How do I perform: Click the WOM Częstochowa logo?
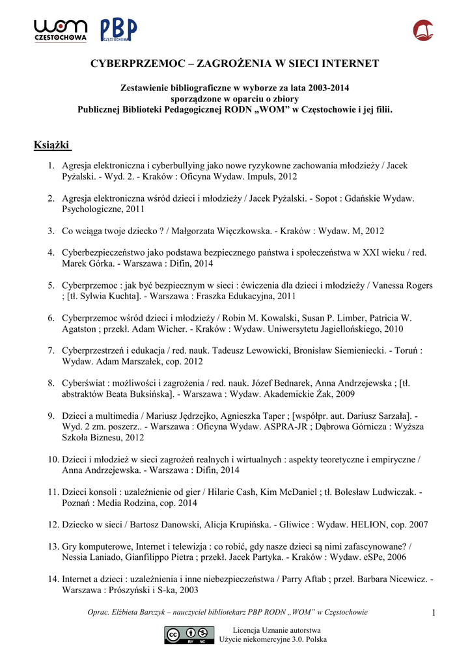click(61, 30)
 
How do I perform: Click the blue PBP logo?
click(118, 30)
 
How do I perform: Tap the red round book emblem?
click(423, 30)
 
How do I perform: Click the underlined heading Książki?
click(51, 144)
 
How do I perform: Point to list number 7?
click(51, 351)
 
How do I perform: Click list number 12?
click(53, 524)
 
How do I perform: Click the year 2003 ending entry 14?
click(188, 590)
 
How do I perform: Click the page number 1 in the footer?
click(433, 613)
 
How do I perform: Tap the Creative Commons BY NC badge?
click(189, 635)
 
